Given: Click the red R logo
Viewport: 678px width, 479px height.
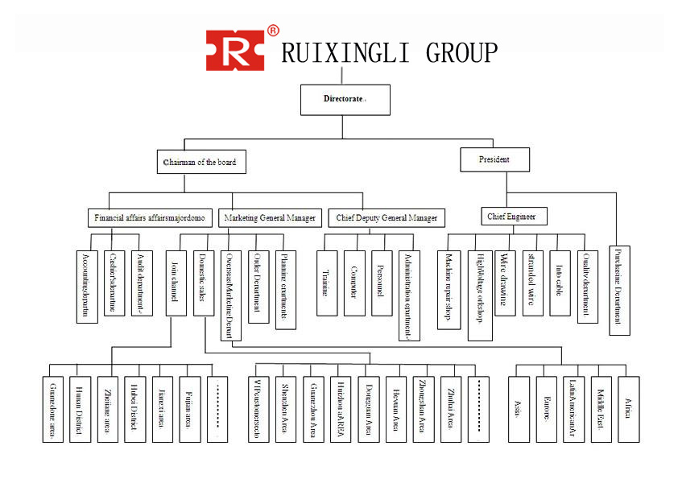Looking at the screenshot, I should (x=235, y=51).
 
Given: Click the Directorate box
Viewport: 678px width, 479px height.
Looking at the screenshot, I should (x=345, y=100).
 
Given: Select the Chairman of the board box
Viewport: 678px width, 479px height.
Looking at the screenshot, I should (x=201, y=162).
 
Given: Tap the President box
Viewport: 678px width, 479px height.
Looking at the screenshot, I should (x=495, y=159).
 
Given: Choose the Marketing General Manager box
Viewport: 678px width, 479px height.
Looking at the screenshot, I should (x=270, y=218).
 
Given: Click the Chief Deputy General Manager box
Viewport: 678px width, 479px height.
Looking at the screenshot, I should (x=387, y=218).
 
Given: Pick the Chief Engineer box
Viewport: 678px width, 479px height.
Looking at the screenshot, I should (x=515, y=216).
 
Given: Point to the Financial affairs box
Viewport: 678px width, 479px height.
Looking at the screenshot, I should (x=151, y=218).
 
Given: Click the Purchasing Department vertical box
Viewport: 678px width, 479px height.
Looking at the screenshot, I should (x=619, y=290).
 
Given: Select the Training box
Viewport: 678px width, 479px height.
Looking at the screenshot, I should (x=326, y=282).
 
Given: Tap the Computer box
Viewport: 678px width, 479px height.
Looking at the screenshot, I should (x=354, y=282).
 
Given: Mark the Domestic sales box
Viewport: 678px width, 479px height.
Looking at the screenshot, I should (x=203, y=282).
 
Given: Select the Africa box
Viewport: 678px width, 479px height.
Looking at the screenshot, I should (x=628, y=409).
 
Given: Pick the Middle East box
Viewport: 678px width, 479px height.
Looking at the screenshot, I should (x=601, y=409).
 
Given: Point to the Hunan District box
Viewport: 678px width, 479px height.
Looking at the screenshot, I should (x=80, y=409).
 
